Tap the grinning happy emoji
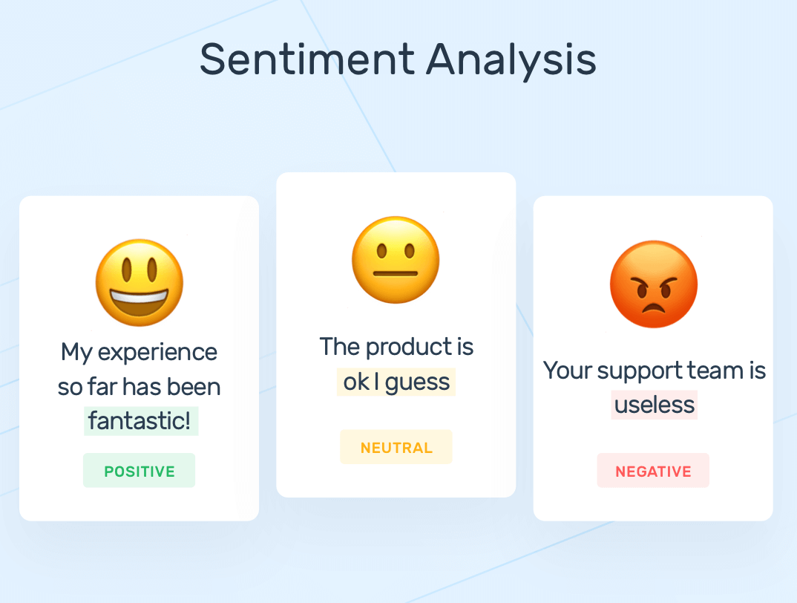(x=140, y=282)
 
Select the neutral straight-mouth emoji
(x=396, y=259)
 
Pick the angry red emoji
(x=653, y=284)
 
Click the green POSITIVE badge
(x=140, y=471)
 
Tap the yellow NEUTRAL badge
(x=396, y=447)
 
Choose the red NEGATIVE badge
(x=653, y=471)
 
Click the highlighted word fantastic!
(x=140, y=421)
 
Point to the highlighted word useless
(x=655, y=405)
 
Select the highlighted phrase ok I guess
(x=396, y=382)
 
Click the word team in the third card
(x=715, y=370)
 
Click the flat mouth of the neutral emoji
(x=396, y=273)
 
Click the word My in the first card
(x=76, y=352)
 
